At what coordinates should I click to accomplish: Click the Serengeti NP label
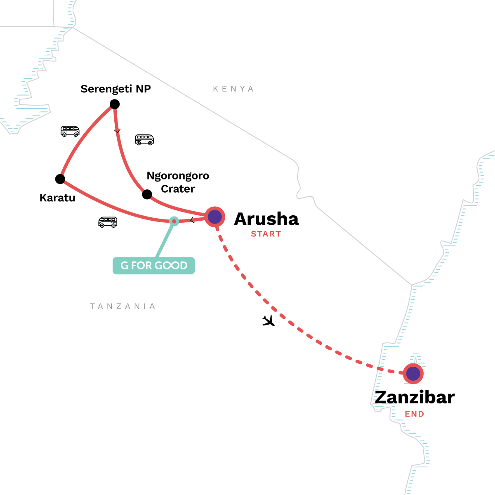pyautogui.click(x=115, y=89)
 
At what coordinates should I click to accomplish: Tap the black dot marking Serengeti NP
pyautogui.click(x=115, y=104)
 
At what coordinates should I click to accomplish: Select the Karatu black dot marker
pyautogui.click(x=60, y=179)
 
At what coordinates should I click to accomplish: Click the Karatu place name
pyautogui.click(x=57, y=198)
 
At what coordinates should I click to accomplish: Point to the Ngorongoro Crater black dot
pyautogui.click(x=147, y=194)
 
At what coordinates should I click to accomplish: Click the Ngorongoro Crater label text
pyautogui.click(x=178, y=182)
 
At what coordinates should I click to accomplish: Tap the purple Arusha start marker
pyautogui.click(x=215, y=217)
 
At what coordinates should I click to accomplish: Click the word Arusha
pyautogui.click(x=266, y=219)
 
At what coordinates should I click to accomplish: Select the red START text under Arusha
pyautogui.click(x=266, y=234)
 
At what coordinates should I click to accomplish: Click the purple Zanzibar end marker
pyautogui.click(x=413, y=374)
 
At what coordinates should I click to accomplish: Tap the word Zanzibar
pyautogui.click(x=415, y=397)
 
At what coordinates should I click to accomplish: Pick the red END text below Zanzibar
pyautogui.click(x=414, y=414)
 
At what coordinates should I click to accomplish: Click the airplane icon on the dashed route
pyautogui.click(x=269, y=321)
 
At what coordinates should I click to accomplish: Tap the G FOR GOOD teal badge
pyautogui.click(x=153, y=266)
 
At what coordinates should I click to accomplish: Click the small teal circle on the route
pyautogui.click(x=174, y=222)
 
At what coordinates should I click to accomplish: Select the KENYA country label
pyautogui.click(x=233, y=89)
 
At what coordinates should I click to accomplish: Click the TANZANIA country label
pyautogui.click(x=123, y=306)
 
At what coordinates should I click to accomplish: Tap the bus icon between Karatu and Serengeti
pyautogui.click(x=70, y=131)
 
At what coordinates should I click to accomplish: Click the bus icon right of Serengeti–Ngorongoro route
pyautogui.click(x=144, y=140)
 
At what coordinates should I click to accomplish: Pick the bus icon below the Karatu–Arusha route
pyautogui.click(x=108, y=222)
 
